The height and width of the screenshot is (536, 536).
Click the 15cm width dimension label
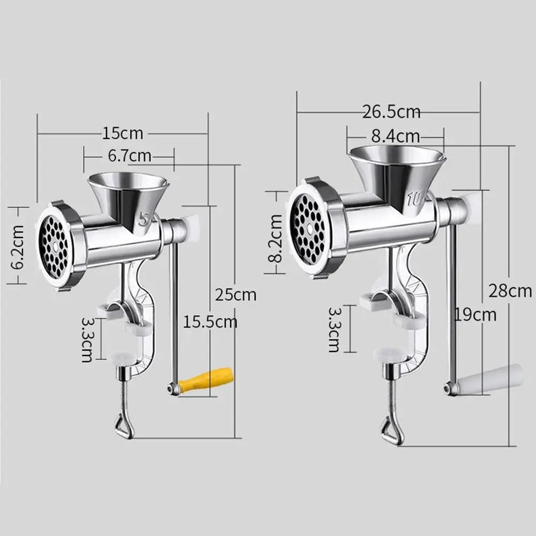122,133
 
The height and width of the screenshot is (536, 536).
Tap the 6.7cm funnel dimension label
130,156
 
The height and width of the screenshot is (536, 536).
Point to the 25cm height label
235,295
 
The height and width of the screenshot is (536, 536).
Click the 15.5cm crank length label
210,322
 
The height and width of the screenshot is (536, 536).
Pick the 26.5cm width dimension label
391,112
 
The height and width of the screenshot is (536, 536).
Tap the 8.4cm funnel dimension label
396,136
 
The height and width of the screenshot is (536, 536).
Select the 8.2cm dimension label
275,239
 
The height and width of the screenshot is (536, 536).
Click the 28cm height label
510,291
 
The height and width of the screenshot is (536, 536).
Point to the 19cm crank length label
475,315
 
